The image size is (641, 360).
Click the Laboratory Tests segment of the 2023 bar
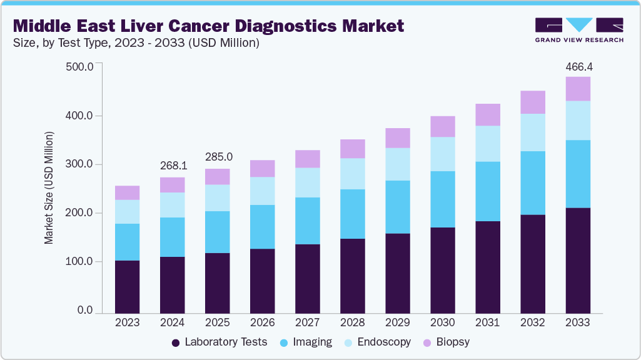[127, 286]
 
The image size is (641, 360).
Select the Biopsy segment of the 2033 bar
[578, 89]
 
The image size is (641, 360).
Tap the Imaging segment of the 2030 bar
[443, 199]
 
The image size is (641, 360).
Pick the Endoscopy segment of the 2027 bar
[308, 182]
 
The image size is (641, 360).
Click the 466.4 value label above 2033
[578, 66]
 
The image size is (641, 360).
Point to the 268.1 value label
[173, 166]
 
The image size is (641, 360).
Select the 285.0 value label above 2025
[218, 156]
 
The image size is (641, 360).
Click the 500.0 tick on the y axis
[79, 67]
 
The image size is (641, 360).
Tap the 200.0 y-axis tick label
[79, 213]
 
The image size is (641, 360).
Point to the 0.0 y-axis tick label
[86, 311]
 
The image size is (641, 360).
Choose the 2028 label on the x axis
[353, 323]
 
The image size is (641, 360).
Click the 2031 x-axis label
[488, 323]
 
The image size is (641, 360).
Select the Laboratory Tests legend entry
[219, 342]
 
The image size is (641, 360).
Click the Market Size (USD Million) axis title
[49, 187]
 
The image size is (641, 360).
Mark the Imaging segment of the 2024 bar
[173, 237]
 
